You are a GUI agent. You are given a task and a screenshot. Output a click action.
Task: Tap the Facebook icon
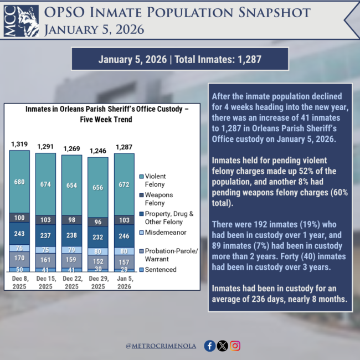pos(210,346)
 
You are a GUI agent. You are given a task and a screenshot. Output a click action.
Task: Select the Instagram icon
pos(235,346)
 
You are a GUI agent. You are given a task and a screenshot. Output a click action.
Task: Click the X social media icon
pos(223,346)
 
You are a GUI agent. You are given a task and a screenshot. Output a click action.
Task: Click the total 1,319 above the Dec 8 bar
pos(20,145)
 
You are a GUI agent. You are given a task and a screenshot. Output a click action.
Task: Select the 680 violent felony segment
pos(19,182)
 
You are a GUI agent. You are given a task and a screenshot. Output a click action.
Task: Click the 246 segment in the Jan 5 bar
pos(124,235)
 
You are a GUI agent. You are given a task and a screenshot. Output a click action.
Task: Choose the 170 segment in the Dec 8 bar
pos(19,258)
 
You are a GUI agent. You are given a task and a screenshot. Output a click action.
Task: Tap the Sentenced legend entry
pos(162,269)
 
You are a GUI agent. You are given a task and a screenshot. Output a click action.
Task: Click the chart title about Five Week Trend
pos(107,114)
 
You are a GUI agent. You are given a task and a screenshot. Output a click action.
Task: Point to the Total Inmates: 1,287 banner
pos(179,59)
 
